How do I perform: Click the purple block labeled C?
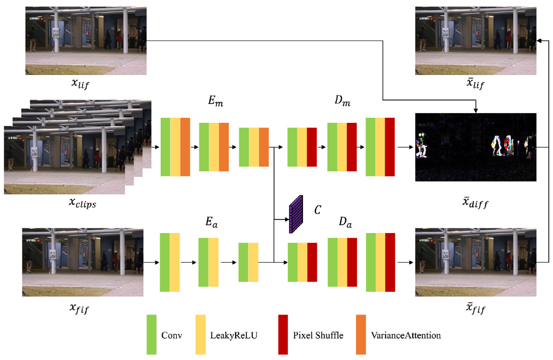tap(296, 215)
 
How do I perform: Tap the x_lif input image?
tap(86, 41)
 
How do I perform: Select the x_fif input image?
tap(82, 262)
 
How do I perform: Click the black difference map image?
tap(475, 147)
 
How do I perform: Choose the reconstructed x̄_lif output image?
tap(475, 41)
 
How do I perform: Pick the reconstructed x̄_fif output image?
tap(475, 262)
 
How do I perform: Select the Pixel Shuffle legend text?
tap(318, 336)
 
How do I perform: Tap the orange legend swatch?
tap(361, 335)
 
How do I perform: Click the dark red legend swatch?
tap(283, 335)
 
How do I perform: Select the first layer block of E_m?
tap(175, 147)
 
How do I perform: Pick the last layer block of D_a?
tap(381, 262)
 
